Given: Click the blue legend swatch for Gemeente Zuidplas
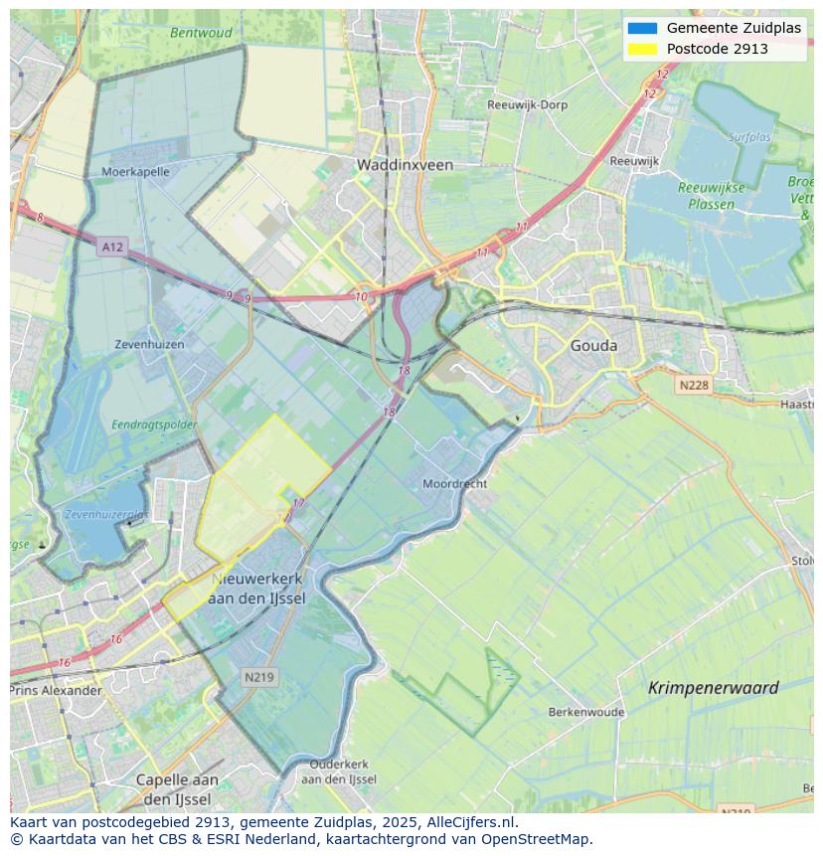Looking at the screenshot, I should tap(642, 28).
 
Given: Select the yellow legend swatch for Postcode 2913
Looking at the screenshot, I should tap(642, 49).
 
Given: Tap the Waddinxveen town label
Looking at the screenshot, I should tap(405, 165).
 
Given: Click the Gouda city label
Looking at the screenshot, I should tap(593, 346).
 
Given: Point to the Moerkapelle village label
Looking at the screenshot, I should tap(135, 171).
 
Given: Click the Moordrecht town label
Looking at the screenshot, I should tap(454, 484).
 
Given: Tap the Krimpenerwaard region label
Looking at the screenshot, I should tap(713, 688).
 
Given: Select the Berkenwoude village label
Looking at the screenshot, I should tap(586, 712).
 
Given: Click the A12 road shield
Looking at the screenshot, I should tap(112, 246).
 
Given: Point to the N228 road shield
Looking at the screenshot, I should tap(696, 385).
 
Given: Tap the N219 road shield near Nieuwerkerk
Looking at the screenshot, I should tap(260, 677).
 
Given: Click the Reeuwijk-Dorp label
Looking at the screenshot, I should tap(527, 104).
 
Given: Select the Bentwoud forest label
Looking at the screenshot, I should tap(201, 33).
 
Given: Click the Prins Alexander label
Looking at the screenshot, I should tap(57, 690).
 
